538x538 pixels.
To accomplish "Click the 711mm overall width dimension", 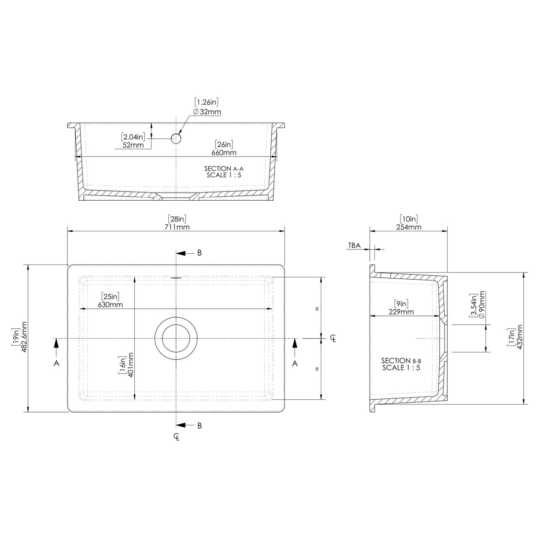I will [x=176, y=227].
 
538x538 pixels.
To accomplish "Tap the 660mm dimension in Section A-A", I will [x=224, y=152].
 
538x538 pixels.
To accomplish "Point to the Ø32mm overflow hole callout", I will [x=207, y=112].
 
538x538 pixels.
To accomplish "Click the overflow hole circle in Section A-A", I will [x=176, y=139].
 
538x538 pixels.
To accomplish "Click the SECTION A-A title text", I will [x=224, y=168].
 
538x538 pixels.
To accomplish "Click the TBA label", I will [x=354, y=245].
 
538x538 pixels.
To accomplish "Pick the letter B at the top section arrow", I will [x=199, y=253].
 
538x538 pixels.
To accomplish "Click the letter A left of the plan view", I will [x=56, y=363].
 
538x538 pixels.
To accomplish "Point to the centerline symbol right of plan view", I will [x=334, y=339].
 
